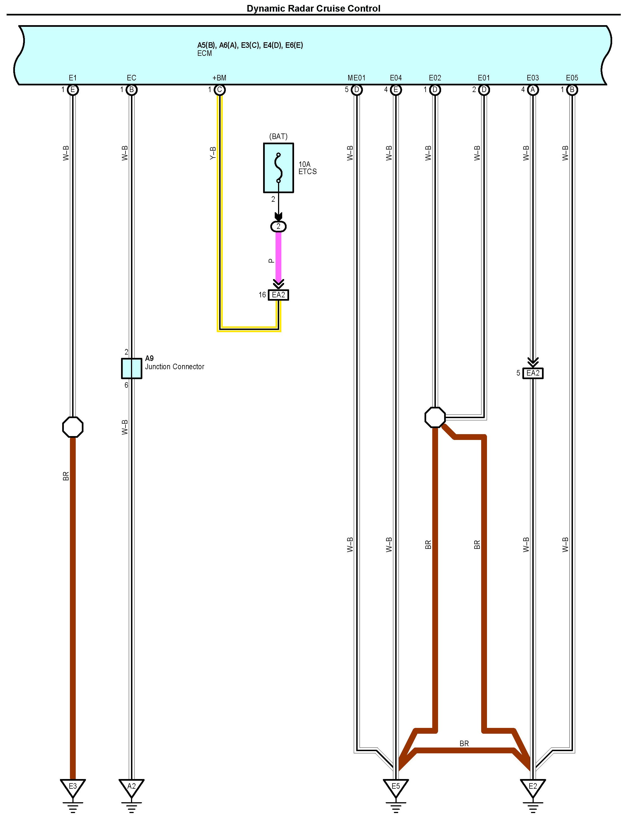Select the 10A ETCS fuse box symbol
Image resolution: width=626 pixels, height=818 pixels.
278,168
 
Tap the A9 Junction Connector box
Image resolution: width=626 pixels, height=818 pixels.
132,368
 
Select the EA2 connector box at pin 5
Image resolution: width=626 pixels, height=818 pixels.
533,373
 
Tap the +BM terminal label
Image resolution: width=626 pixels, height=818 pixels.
219,78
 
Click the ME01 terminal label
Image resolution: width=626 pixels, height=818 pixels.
356,78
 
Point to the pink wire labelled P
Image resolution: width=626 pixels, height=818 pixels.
278,257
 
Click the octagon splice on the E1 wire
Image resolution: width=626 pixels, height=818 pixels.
73,427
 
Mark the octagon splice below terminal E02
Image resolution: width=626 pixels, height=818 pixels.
435,417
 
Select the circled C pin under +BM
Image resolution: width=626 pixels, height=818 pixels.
219,90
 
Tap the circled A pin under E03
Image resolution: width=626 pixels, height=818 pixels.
533,90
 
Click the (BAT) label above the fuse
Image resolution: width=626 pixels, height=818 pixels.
278,136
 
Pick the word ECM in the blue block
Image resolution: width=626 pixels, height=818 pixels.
205,54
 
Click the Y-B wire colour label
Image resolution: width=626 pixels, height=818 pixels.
213,153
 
